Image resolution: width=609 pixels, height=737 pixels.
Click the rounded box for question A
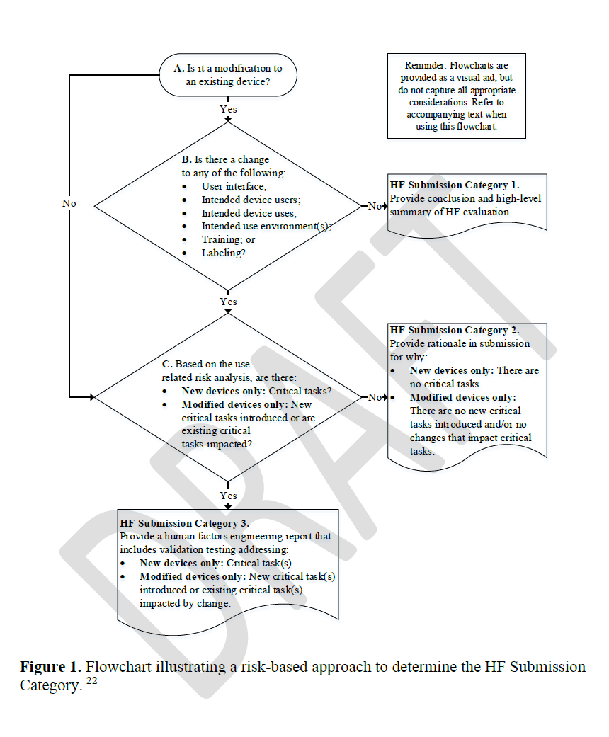coord(228,75)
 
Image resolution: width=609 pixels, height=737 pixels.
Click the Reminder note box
coord(456,96)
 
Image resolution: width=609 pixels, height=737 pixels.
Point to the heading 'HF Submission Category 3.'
coord(184,524)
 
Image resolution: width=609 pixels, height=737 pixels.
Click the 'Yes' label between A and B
coord(228,110)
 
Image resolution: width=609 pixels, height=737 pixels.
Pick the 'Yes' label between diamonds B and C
coord(228,302)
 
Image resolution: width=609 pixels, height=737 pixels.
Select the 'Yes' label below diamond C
coord(228,496)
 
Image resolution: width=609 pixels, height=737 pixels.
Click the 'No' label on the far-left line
coord(69,203)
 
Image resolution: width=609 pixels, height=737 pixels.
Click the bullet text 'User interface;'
coord(234,186)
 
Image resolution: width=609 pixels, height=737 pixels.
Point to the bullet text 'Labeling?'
coord(223,253)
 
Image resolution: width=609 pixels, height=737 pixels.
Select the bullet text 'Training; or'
coord(228,239)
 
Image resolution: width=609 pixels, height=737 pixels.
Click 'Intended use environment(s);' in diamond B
coord(266,227)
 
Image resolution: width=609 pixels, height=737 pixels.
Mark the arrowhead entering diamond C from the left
coord(91,397)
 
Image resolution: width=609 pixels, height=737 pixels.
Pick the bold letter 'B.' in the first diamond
coord(186,160)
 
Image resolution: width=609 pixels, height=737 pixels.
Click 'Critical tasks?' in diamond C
coord(302,392)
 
